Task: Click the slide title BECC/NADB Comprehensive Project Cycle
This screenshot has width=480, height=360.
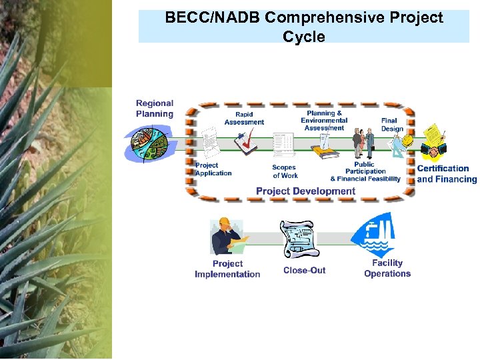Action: point(304,27)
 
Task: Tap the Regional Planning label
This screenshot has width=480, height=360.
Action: point(155,109)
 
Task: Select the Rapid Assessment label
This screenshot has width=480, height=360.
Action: point(244,118)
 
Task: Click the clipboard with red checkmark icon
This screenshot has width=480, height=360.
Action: point(246,142)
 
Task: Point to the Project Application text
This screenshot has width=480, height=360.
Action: point(213,169)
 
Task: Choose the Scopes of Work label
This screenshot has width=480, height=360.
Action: point(285,172)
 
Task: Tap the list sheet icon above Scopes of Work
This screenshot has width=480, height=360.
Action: point(283,143)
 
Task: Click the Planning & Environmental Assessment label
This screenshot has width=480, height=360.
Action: point(324,121)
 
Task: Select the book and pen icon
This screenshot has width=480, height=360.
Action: point(326,147)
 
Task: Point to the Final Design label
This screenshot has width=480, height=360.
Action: point(392,125)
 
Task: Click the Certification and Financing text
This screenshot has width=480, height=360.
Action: point(447,174)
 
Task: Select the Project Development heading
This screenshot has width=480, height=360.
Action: point(305,191)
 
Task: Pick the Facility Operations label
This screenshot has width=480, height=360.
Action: point(387,269)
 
